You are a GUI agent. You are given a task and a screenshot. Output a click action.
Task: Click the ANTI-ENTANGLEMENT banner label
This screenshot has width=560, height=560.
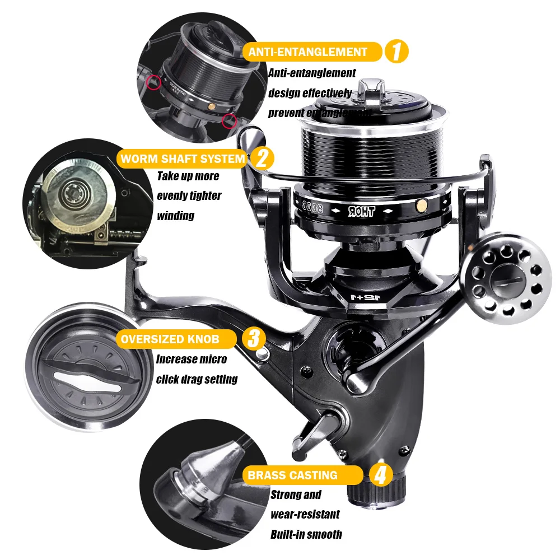(x=308, y=52)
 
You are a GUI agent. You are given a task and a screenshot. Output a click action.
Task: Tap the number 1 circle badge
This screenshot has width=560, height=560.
(x=396, y=52)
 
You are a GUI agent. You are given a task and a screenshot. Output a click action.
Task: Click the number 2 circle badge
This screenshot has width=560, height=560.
(x=262, y=158)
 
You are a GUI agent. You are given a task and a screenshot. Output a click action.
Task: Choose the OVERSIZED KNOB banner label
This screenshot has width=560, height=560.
(x=171, y=339)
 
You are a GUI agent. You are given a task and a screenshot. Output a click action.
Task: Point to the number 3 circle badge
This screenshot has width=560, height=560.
(x=253, y=339)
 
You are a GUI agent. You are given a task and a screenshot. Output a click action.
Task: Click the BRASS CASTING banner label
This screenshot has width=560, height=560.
(x=293, y=475)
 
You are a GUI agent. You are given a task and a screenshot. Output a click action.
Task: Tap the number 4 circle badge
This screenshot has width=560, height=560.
(x=380, y=475)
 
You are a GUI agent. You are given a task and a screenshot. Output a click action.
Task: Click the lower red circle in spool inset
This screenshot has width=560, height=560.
(x=228, y=120)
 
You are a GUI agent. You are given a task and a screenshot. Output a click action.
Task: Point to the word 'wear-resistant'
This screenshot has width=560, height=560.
(x=305, y=514)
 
